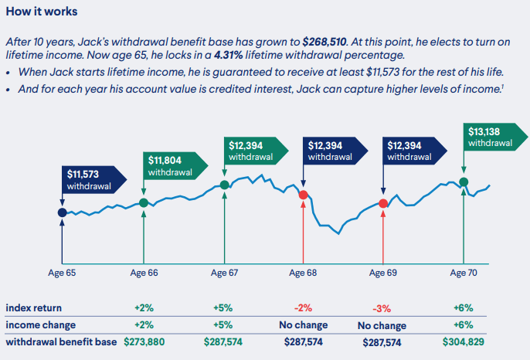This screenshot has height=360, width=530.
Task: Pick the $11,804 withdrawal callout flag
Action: tap(169, 165)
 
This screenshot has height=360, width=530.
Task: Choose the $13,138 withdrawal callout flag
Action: tap(490, 137)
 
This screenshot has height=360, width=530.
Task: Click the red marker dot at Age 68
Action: tap(304, 195)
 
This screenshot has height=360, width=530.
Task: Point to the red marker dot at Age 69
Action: tap(383, 203)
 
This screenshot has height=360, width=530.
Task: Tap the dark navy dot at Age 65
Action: tap(63, 212)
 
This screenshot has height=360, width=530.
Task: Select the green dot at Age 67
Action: tap(224, 185)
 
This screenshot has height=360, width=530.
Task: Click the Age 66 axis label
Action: tap(144, 273)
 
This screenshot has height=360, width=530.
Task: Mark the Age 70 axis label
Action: tap(462, 273)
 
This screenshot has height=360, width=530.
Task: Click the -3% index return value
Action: tap(383, 309)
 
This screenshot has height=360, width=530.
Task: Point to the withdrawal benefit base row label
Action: tap(61, 341)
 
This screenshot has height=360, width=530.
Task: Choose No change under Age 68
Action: tap(304, 325)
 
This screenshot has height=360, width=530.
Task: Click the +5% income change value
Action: tap(224, 325)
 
